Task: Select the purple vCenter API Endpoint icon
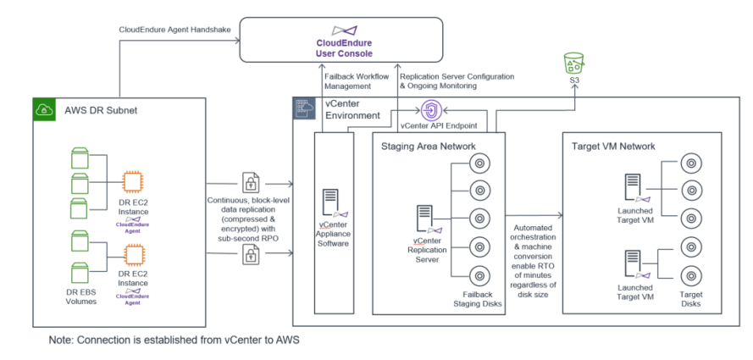[x=430, y=111]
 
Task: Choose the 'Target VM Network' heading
[x=613, y=146]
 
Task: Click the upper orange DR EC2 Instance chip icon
[x=132, y=182]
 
